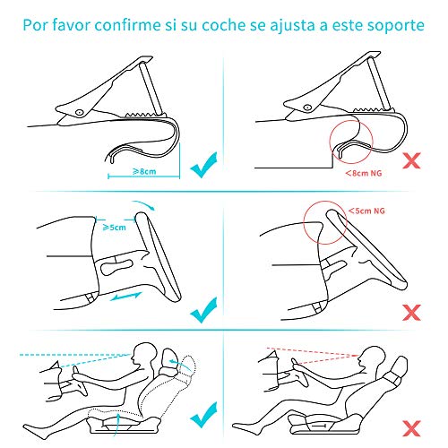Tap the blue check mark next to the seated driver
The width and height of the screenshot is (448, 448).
pos(207,414)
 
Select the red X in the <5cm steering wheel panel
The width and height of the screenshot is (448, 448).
pos(413,313)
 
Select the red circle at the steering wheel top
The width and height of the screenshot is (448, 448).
pos(321,220)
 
